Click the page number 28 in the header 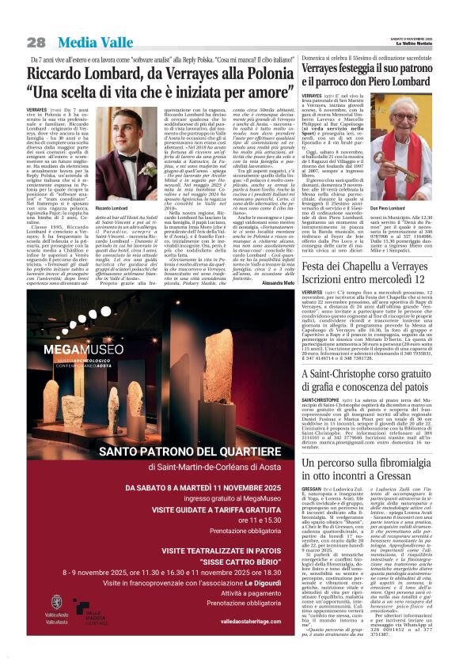coord(36,42)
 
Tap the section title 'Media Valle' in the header coord(82,42)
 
